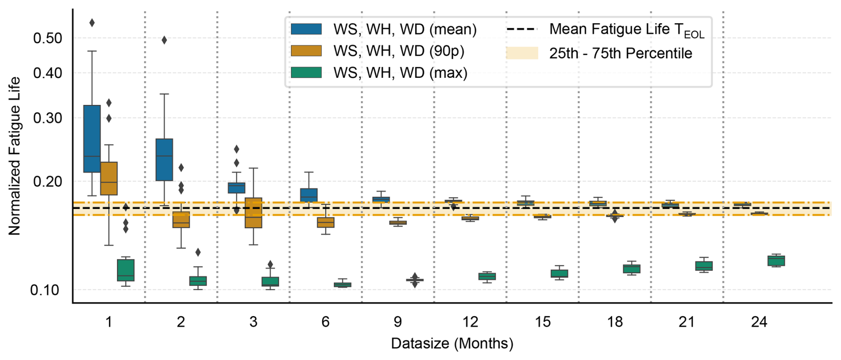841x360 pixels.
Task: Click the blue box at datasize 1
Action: [92, 139]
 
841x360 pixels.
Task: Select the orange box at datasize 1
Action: [109, 178]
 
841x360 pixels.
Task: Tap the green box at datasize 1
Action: [126, 270]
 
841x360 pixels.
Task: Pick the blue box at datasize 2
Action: [164, 160]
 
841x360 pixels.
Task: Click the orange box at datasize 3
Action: [253, 213]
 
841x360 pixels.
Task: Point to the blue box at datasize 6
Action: [309, 195]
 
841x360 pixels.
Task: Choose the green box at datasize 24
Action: [776, 261]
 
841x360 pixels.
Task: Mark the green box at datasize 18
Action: [632, 269]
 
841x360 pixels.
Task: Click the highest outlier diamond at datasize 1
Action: [92, 23]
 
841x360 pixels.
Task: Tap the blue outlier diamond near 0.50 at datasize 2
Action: [164, 40]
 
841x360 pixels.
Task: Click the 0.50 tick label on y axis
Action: [48, 38]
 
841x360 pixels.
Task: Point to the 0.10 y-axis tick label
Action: [44, 290]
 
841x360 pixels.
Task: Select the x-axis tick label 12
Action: [470, 322]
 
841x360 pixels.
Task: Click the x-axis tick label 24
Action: [759, 322]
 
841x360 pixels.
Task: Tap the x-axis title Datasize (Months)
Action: [452, 344]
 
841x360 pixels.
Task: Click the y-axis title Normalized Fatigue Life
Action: [14, 156]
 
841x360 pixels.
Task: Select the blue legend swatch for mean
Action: [306, 29]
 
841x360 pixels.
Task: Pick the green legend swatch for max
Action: [306, 72]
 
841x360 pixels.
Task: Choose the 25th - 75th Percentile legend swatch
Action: [522, 53]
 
